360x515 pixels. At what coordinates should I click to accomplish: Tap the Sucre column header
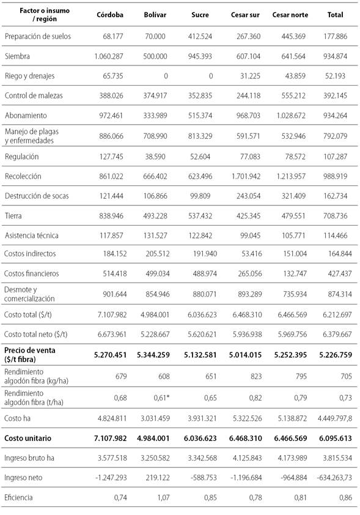click(200, 15)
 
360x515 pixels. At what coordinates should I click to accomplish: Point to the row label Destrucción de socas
click(37, 196)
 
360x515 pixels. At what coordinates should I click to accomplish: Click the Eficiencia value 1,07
click(159, 497)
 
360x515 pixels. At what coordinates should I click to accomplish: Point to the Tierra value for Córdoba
click(109, 215)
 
